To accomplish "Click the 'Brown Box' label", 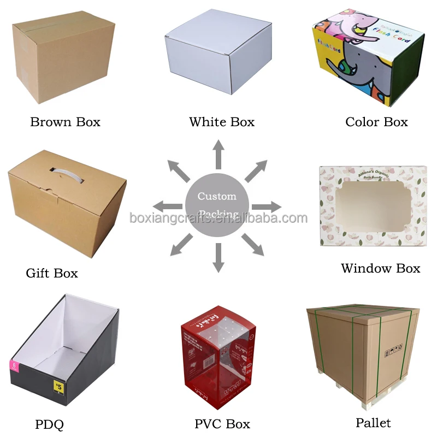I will (65, 122).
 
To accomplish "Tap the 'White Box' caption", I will (222, 122).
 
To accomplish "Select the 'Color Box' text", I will (376, 122).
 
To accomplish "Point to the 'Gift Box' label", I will (52, 273).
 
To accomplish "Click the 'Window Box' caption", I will (381, 268).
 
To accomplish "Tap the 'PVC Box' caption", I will (222, 424).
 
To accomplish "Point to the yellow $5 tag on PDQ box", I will (58, 386).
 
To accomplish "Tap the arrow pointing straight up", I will (218, 153).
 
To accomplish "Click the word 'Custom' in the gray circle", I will (217, 196).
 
